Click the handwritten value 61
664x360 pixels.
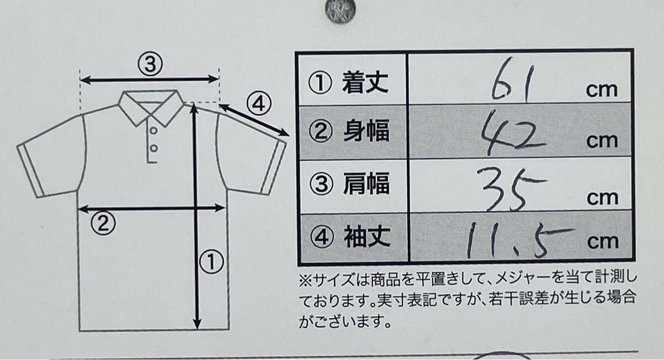pyautogui.click(x=512, y=81)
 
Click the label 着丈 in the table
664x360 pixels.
pyautogui.click(x=365, y=83)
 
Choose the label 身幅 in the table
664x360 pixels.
pyautogui.click(x=366, y=131)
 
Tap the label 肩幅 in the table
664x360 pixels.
pyautogui.click(x=366, y=184)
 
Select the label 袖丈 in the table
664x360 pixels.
pyautogui.click(x=367, y=237)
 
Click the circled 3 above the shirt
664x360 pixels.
pyautogui.click(x=150, y=64)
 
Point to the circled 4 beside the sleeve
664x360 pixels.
pyautogui.click(x=259, y=104)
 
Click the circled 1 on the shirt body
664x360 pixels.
pyautogui.click(x=211, y=262)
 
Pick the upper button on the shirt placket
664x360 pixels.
pyautogui.click(x=153, y=131)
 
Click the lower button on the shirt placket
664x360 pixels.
pyautogui.click(x=154, y=148)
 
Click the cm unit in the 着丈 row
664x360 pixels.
pyautogui.click(x=601, y=90)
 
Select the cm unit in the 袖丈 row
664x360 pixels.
pyautogui.click(x=603, y=242)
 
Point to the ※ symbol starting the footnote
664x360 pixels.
pyautogui.click(x=305, y=280)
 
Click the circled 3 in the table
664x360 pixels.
pyautogui.click(x=321, y=184)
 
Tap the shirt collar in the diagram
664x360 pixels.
pyautogui.click(x=151, y=107)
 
